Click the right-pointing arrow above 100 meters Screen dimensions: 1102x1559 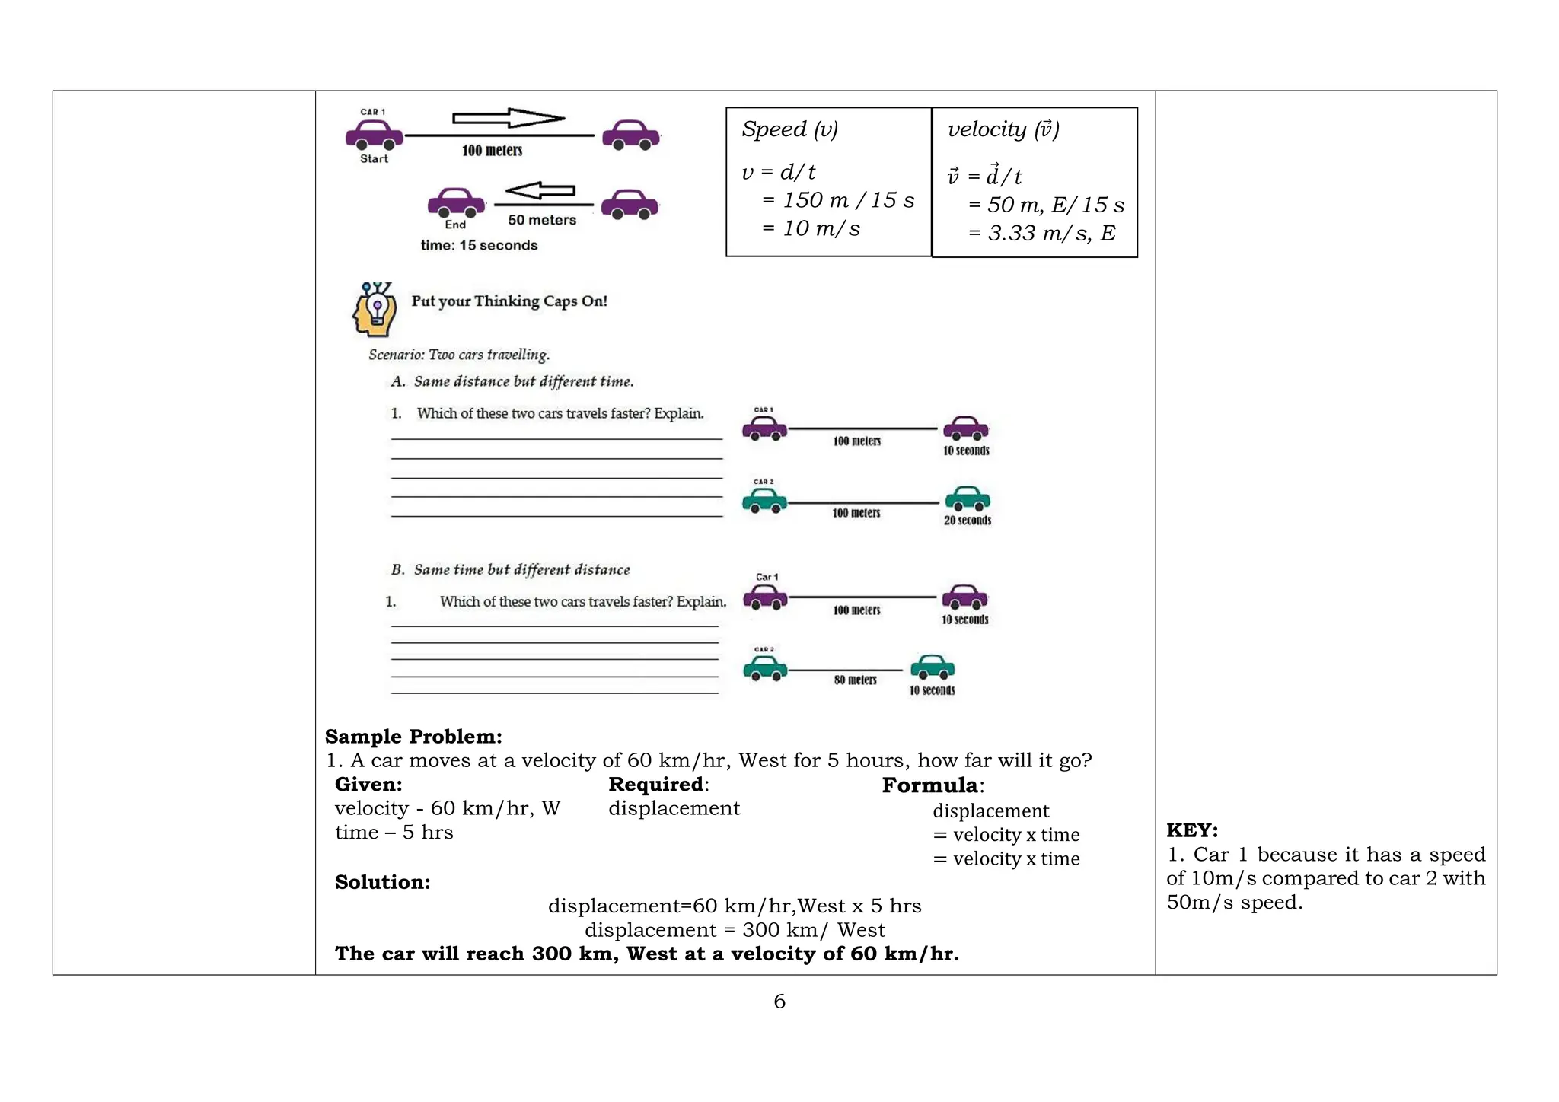point(509,118)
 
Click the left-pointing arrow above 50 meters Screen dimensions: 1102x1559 point(540,190)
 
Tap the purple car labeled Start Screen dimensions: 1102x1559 point(374,135)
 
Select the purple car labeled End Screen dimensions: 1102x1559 point(456,203)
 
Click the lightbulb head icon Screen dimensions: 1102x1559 point(375,310)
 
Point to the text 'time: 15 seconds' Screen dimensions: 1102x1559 point(479,245)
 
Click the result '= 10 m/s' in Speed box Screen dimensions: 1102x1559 point(811,228)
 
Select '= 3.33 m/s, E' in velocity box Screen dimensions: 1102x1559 point(1041,233)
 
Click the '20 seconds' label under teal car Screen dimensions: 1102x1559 point(968,521)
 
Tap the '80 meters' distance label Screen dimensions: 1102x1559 point(855,680)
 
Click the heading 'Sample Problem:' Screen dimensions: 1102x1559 point(413,737)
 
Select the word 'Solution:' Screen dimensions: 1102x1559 point(382,882)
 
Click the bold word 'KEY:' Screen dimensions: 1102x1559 point(1192,830)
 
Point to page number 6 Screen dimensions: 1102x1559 point(779,1002)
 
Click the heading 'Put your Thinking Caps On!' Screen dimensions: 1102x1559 point(509,301)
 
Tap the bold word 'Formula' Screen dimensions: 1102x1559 point(929,785)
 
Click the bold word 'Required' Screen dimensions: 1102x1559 point(655,784)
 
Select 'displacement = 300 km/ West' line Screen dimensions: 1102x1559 point(735,930)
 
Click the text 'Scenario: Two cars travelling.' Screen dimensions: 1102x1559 point(459,355)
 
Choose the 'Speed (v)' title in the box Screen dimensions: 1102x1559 point(789,129)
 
